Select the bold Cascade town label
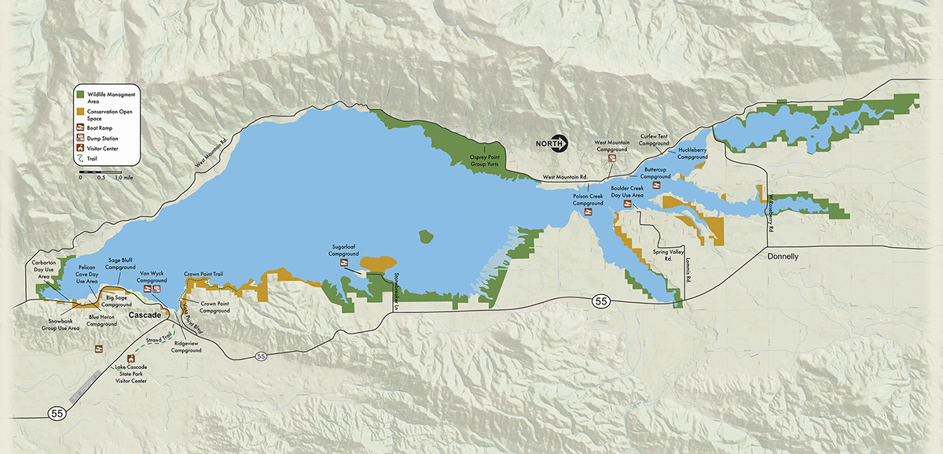tap(144, 315)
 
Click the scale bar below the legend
tap(99, 171)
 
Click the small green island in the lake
tap(427, 236)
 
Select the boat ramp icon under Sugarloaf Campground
tap(343, 264)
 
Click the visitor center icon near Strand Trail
tap(99, 349)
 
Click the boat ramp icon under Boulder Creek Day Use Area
tap(628, 204)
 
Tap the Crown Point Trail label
tap(204, 273)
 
